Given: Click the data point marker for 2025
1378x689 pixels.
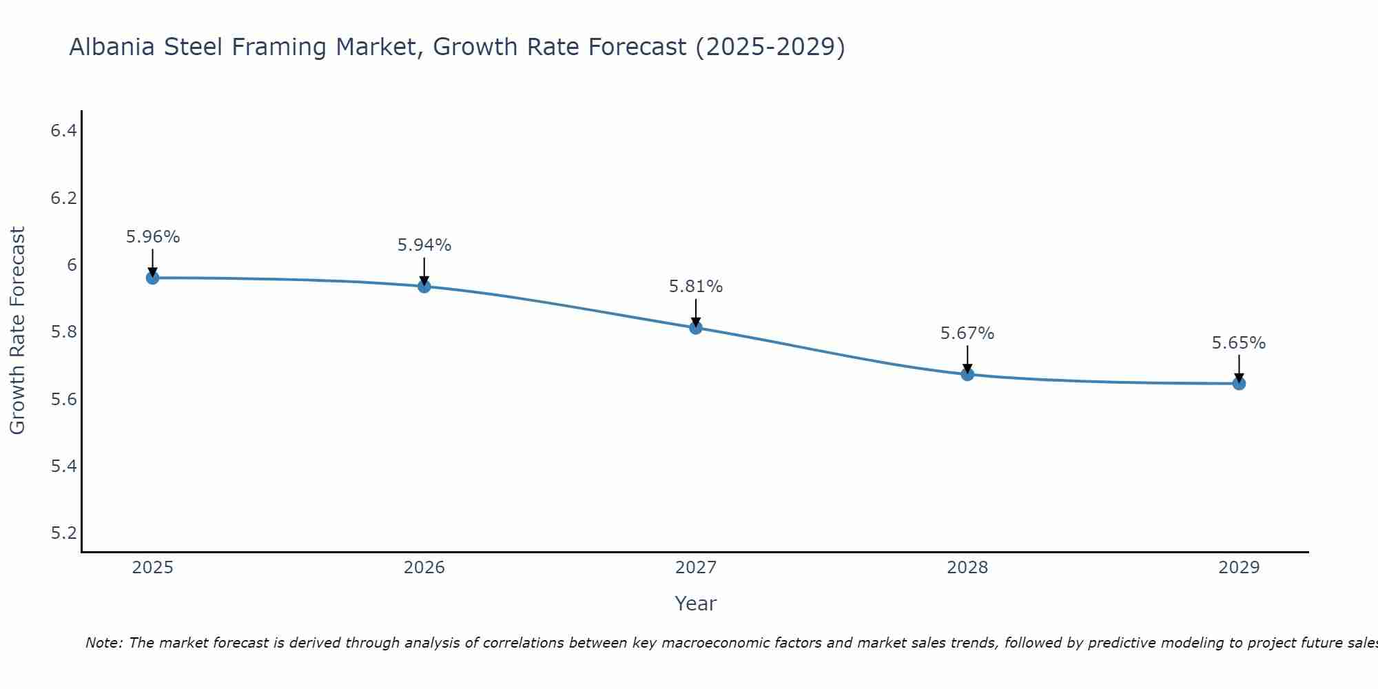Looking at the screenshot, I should tap(152, 278).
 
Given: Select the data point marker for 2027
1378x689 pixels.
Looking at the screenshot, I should tap(696, 328).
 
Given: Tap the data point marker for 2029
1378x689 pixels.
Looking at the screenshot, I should tap(1239, 383).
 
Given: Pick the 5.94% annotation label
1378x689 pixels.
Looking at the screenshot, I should tap(424, 245).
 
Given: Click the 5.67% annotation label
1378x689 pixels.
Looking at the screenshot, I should tap(967, 333).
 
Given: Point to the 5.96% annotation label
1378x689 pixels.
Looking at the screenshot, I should tap(153, 237).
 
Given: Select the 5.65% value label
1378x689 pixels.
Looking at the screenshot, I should tap(1239, 343).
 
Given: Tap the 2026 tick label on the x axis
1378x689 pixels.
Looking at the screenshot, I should tap(424, 568).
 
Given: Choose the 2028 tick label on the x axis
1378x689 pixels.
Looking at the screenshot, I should tap(967, 568).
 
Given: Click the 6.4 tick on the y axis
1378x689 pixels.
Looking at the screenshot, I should tap(63, 131).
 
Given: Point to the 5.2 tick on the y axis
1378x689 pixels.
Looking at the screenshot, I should tap(63, 533).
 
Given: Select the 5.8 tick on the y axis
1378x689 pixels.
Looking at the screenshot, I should tap(63, 332).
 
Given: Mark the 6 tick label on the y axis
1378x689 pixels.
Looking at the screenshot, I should tap(72, 265).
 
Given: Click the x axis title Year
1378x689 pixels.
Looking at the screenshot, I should tap(696, 604).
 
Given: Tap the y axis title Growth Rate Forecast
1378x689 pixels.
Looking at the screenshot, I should tap(17, 331).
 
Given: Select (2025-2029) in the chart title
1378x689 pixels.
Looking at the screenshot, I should tap(770, 48).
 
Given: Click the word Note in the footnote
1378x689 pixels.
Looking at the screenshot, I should tap(103, 643).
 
